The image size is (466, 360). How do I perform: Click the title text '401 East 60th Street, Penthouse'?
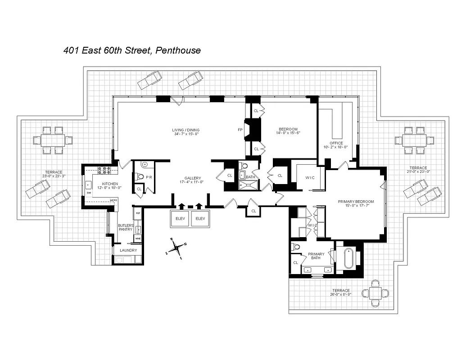(x=131, y=50)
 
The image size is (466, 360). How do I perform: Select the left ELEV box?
(x=181, y=218)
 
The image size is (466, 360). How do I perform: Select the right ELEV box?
(x=200, y=218)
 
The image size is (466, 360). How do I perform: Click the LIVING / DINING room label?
(x=185, y=131)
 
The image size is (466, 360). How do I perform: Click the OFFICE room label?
(x=336, y=143)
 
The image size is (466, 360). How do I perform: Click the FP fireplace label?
(x=240, y=130)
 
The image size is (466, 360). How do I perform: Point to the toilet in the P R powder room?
(x=140, y=177)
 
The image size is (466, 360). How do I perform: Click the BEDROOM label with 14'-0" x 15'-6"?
(x=288, y=129)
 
